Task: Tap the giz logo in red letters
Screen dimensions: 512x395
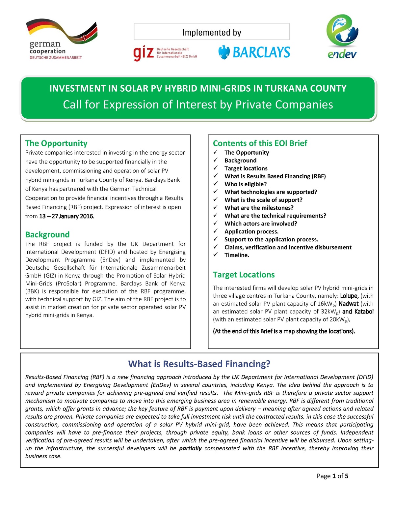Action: pyautogui.click(x=144, y=53)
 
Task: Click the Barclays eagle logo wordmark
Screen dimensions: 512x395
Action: pyautogui.click(x=254, y=52)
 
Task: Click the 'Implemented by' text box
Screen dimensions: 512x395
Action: pyautogui.click(x=212, y=32)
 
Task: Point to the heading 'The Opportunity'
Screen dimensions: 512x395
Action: pyautogui.click(x=56, y=143)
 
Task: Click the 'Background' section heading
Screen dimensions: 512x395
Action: pyautogui.click(x=47, y=234)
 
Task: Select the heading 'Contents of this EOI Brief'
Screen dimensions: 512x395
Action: pyautogui.click(x=260, y=143)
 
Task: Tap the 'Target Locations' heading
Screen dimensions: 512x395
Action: pyautogui.click(x=244, y=275)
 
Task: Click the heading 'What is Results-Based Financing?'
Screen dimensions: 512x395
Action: pyautogui.click(x=199, y=364)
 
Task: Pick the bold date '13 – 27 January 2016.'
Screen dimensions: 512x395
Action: pyautogui.click(x=67, y=216)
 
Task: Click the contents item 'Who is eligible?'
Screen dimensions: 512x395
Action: pyautogui.click(x=246, y=184)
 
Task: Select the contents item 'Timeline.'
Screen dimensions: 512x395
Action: pyautogui.click(x=237, y=255)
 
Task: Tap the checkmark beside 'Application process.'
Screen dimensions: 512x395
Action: pyautogui.click(x=216, y=231)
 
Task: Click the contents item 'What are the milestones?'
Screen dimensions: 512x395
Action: pyautogui.click(x=259, y=208)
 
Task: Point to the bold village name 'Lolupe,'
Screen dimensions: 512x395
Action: pyautogui.click(x=349, y=296)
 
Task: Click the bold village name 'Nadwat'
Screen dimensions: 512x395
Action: pyautogui.click(x=348, y=304)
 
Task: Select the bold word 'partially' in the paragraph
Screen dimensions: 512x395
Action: pyautogui.click(x=190, y=448)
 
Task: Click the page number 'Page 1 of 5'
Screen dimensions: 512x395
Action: pyautogui.click(x=332, y=476)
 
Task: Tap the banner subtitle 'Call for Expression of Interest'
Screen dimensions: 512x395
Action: pyautogui.click(x=198, y=105)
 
